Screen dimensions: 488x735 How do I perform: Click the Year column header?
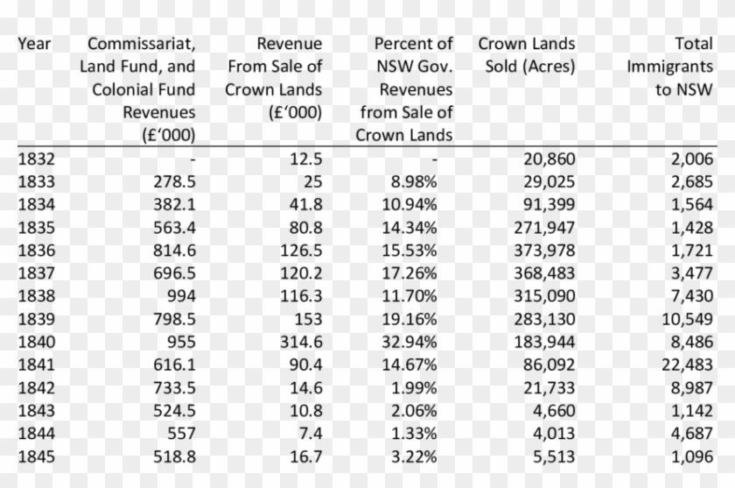(34, 43)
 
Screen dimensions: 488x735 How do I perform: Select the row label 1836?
(36, 251)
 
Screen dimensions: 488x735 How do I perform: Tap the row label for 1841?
(36, 364)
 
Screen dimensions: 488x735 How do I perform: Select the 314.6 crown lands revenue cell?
(300, 342)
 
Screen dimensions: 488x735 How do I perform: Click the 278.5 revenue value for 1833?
(172, 182)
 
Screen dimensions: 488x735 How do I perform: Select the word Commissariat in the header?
(141, 43)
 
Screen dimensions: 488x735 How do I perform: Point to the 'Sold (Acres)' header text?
(529, 67)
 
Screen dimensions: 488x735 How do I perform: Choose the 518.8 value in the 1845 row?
(172, 456)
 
